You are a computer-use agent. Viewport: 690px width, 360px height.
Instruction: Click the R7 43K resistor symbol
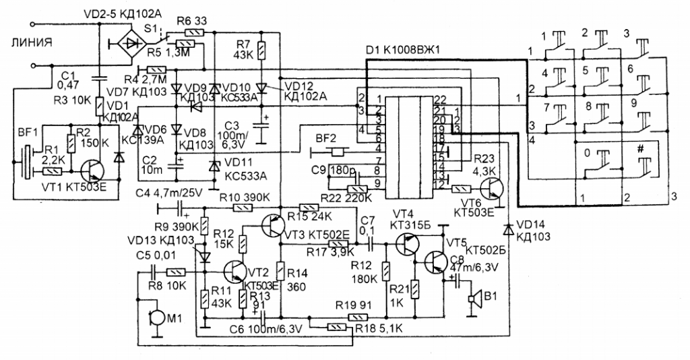(261, 50)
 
